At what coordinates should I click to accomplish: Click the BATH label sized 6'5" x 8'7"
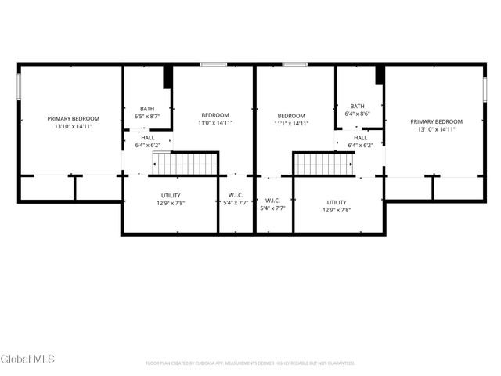point(147,109)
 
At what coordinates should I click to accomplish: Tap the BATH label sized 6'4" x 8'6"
point(357,107)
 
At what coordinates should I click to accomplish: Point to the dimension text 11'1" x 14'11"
point(290,123)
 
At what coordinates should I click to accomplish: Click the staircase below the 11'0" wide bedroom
point(185,164)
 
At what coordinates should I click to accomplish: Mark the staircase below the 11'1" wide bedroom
point(323,164)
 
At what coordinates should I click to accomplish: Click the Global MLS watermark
point(27,359)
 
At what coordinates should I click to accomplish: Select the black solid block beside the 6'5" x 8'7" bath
point(168,77)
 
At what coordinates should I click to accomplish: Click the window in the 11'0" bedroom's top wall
point(213,63)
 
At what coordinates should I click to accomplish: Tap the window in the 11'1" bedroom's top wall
point(294,63)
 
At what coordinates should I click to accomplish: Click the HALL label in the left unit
point(147,137)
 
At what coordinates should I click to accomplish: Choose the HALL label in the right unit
point(360,137)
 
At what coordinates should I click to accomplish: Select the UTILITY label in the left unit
point(171,195)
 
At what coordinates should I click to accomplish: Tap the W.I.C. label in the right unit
point(272,201)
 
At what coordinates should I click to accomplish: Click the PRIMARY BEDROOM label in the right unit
point(436,121)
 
